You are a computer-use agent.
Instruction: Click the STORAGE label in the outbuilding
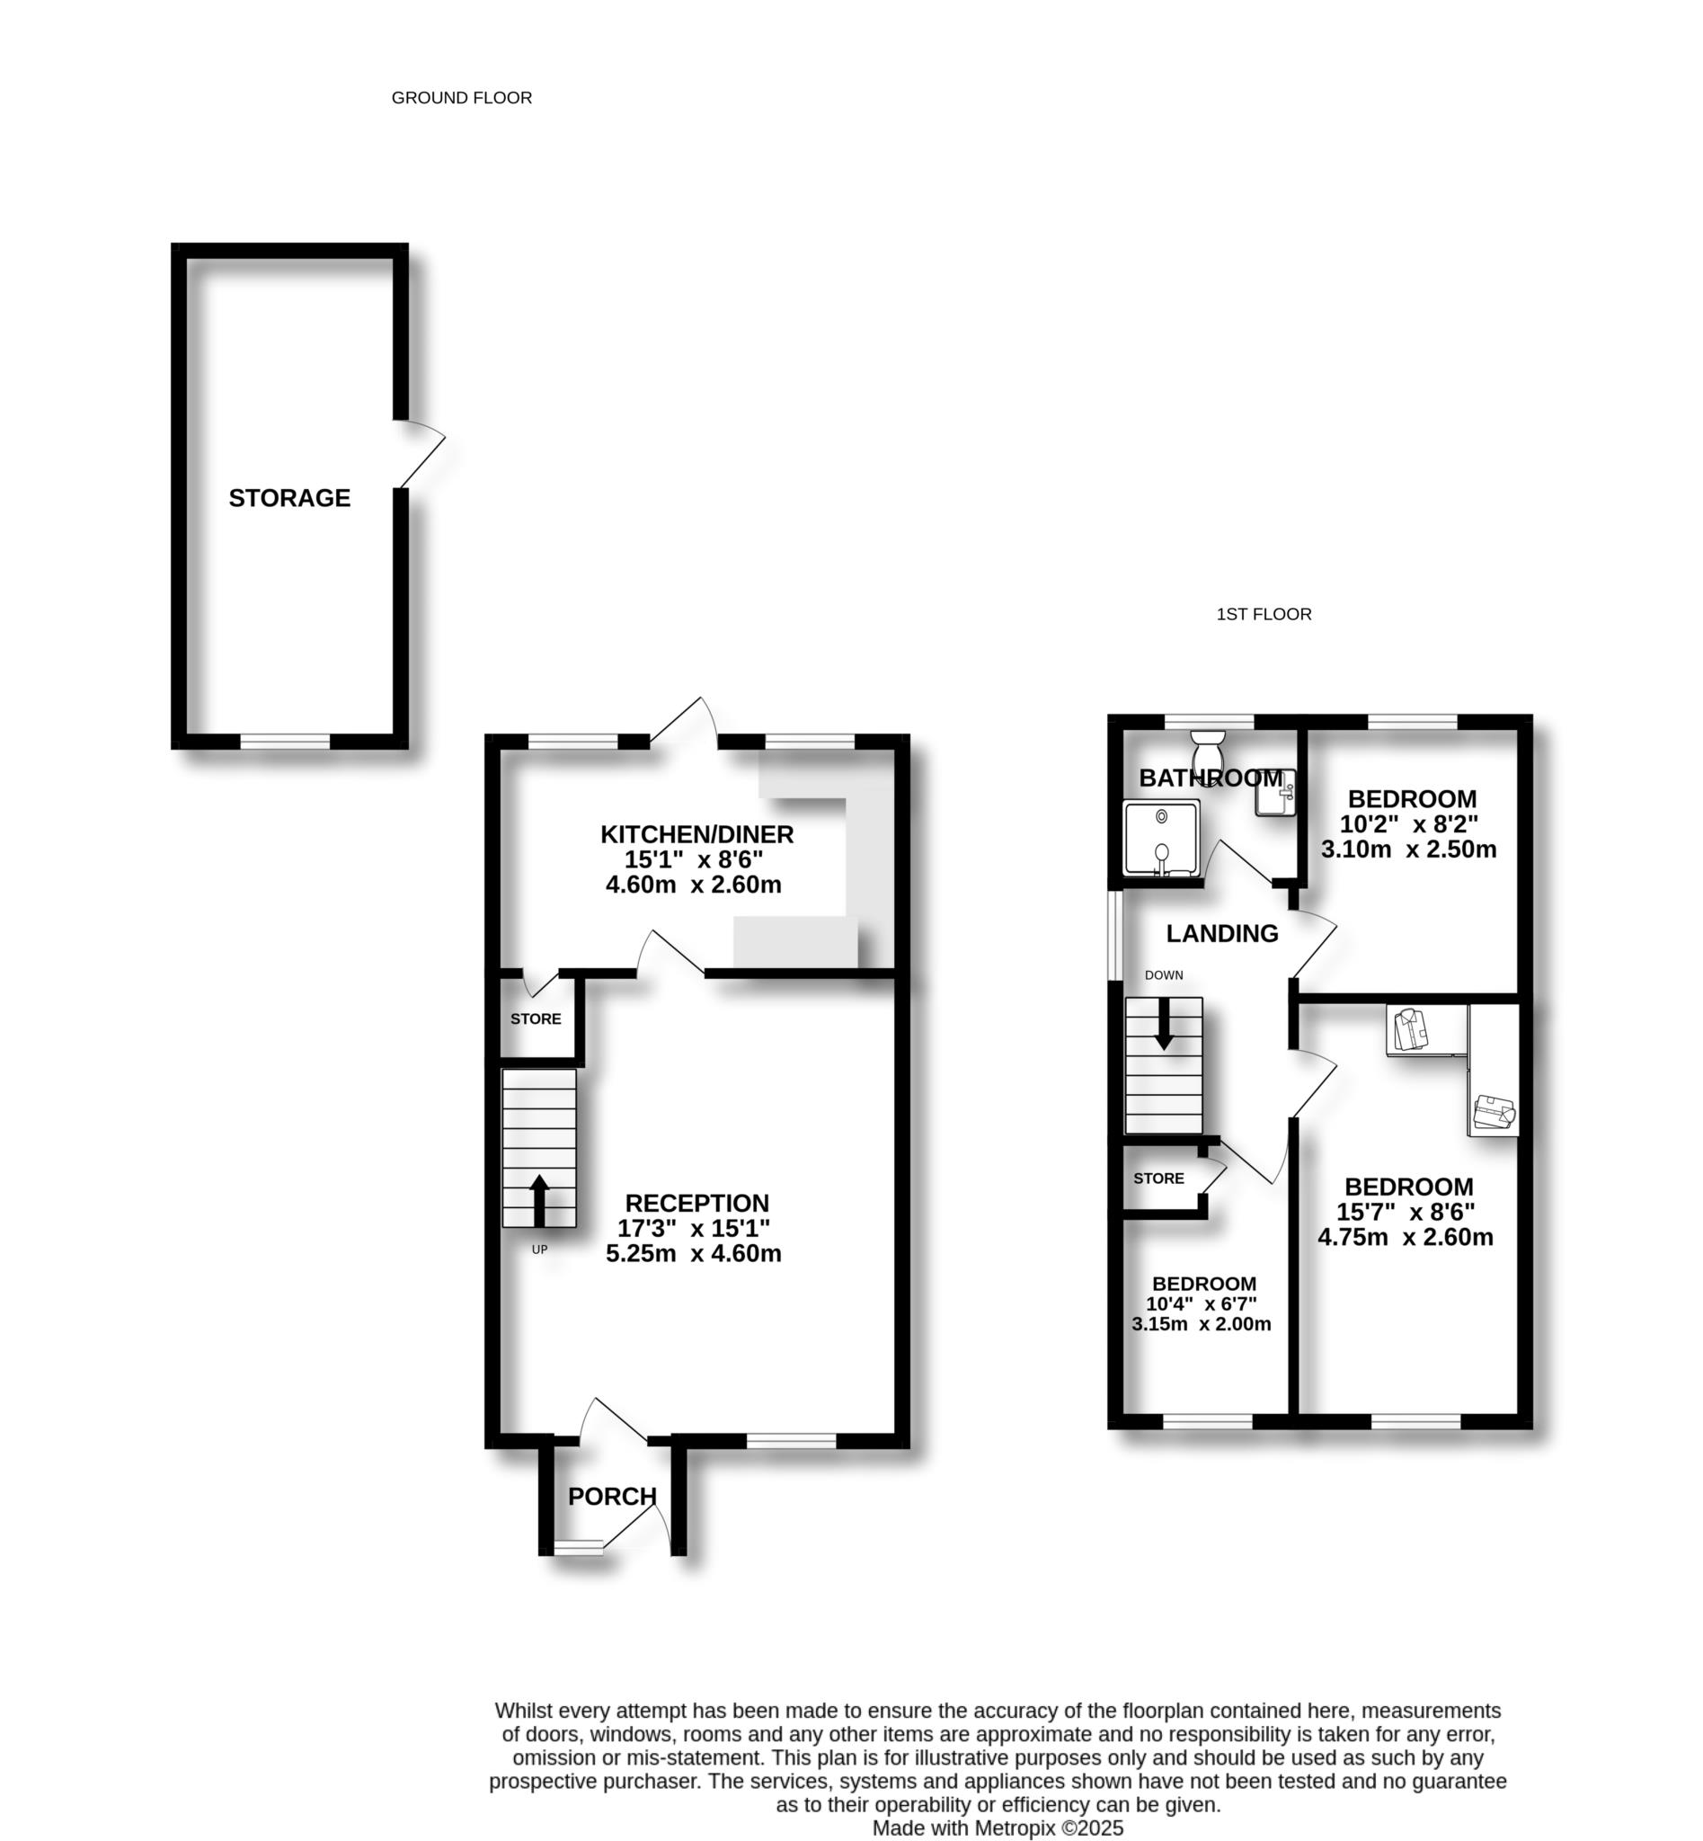pyautogui.click(x=289, y=498)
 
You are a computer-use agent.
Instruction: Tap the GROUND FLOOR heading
pyautogui.click(x=462, y=98)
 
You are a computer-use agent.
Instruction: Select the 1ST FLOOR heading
pyautogui.click(x=1264, y=614)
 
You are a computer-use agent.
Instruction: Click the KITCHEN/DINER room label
pyautogui.click(x=696, y=834)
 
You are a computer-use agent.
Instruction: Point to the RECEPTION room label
pyautogui.click(x=696, y=1203)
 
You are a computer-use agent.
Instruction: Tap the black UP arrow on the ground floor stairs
pyautogui.click(x=539, y=1199)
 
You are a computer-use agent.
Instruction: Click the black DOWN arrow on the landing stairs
pyautogui.click(x=1164, y=1023)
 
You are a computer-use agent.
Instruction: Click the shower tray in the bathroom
pyautogui.click(x=1161, y=838)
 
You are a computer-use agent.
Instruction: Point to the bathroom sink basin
pyautogui.click(x=1276, y=793)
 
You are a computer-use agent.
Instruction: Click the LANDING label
pyautogui.click(x=1222, y=934)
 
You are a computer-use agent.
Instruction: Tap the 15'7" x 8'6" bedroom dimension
pyautogui.click(x=1406, y=1213)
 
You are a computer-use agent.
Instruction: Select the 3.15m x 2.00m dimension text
pyautogui.click(x=1201, y=1325)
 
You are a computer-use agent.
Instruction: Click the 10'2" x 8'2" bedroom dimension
pyautogui.click(x=1409, y=824)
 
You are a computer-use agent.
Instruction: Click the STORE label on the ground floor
pyautogui.click(x=536, y=1018)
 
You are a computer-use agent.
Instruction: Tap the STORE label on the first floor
pyautogui.click(x=1158, y=1178)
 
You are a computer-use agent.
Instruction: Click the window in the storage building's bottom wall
pyautogui.click(x=285, y=742)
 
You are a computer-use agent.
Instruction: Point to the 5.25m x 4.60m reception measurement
pyautogui.click(x=693, y=1254)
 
